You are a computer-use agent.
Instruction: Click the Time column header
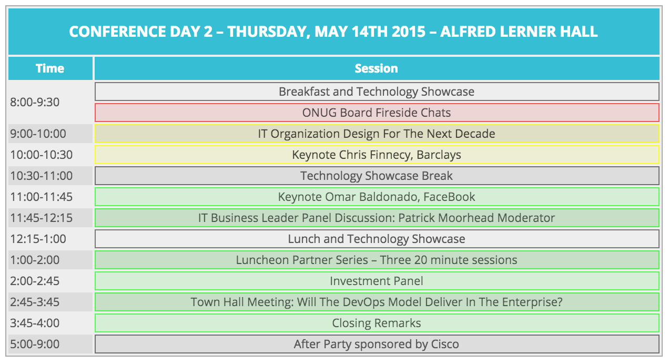pyautogui.click(x=50, y=68)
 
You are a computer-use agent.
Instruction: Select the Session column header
pyautogui.click(x=377, y=68)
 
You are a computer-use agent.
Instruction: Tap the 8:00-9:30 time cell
pyautogui.click(x=50, y=102)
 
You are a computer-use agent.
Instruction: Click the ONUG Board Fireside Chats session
pyautogui.click(x=377, y=113)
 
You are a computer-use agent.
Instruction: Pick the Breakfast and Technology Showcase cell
pyautogui.click(x=377, y=92)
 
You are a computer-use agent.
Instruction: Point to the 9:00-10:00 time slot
pyautogui.click(x=50, y=134)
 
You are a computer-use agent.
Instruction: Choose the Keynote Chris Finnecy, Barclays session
pyautogui.click(x=377, y=155)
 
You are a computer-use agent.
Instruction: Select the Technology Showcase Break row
pyautogui.click(x=377, y=176)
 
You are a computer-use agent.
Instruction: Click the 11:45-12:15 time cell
pyautogui.click(x=50, y=218)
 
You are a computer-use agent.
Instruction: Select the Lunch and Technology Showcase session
pyautogui.click(x=377, y=239)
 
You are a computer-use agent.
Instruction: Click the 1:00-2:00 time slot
pyautogui.click(x=50, y=260)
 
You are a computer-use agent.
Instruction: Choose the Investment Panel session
pyautogui.click(x=377, y=281)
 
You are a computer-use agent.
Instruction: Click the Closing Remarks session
pyautogui.click(x=377, y=323)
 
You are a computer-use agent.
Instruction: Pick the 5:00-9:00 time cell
pyautogui.click(x=50, y=344)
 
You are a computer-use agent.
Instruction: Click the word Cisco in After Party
pyautogui.click(x=445, y=345)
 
